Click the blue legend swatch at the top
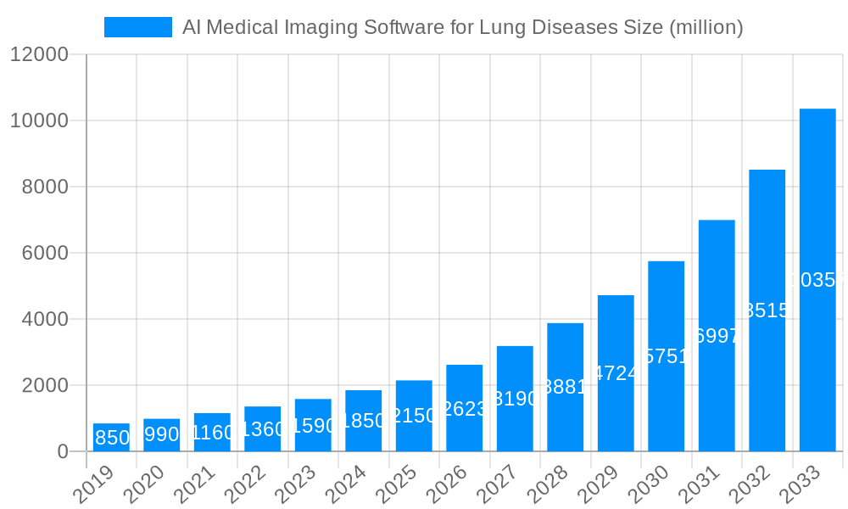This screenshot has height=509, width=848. coord(137,27)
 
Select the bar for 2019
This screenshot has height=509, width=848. coord(111,437)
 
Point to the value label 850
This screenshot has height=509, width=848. coord(112,438)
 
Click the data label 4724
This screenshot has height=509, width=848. coord(616,373)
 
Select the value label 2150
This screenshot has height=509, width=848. coord(414,416)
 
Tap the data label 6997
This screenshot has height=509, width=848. coord(717,336)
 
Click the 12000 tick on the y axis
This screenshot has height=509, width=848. coord(39,54)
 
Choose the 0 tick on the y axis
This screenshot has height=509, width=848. coord(63,451)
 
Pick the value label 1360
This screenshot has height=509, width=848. coord(262,428)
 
